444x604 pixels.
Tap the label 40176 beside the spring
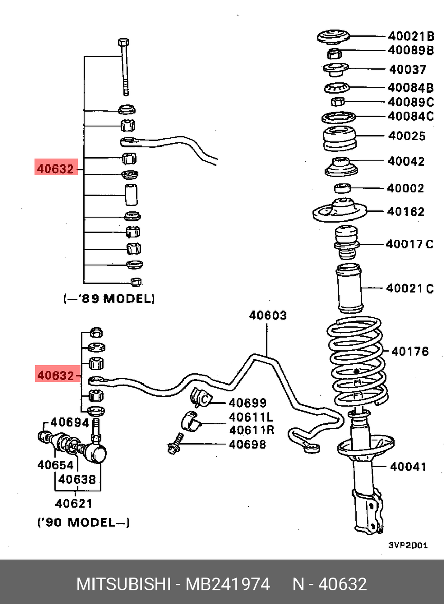(410, 352)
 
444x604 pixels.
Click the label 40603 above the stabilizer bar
(268, 316)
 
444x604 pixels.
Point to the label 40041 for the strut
(408, 467)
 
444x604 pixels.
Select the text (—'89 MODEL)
(108, 298)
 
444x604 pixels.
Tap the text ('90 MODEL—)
(84, 523)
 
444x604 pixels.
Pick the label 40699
(248, 403)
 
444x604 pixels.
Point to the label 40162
(406, 211)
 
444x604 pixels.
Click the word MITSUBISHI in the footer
(123, 584)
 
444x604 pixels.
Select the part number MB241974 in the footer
(228, 584)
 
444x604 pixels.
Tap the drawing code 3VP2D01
(408, 545)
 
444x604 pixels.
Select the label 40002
(406, 188)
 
